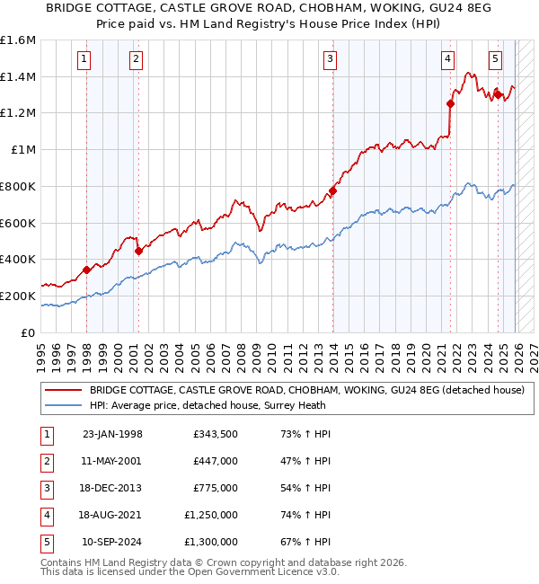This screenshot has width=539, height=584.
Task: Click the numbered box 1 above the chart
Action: pyautogui.click(x=83, y=60)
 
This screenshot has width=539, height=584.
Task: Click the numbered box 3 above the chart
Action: pyautogui.click(x=331, y=60)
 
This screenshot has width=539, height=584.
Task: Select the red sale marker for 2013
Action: pyautogui.click(x=332, y=190)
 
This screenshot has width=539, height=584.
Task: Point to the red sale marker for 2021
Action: pyautogui.click(x=451, y=103)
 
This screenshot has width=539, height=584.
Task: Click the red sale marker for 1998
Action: pyautogui.click(x=86, y=270)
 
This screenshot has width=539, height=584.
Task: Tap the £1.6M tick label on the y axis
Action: pyautogui.click(x=18, y=40)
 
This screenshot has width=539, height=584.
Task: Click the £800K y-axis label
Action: pyautogui.click(x=18, y=186)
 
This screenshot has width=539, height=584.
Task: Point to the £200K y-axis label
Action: pyautogui.click(x=18, y=296)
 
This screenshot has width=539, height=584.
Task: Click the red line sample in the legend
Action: pyautogui.click(x=63, y=390)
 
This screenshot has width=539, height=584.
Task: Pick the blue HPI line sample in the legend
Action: pyautogui.click(x=63, y=405)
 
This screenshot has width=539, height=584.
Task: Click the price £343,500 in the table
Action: pyautogui.click(x=215, y=434)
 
